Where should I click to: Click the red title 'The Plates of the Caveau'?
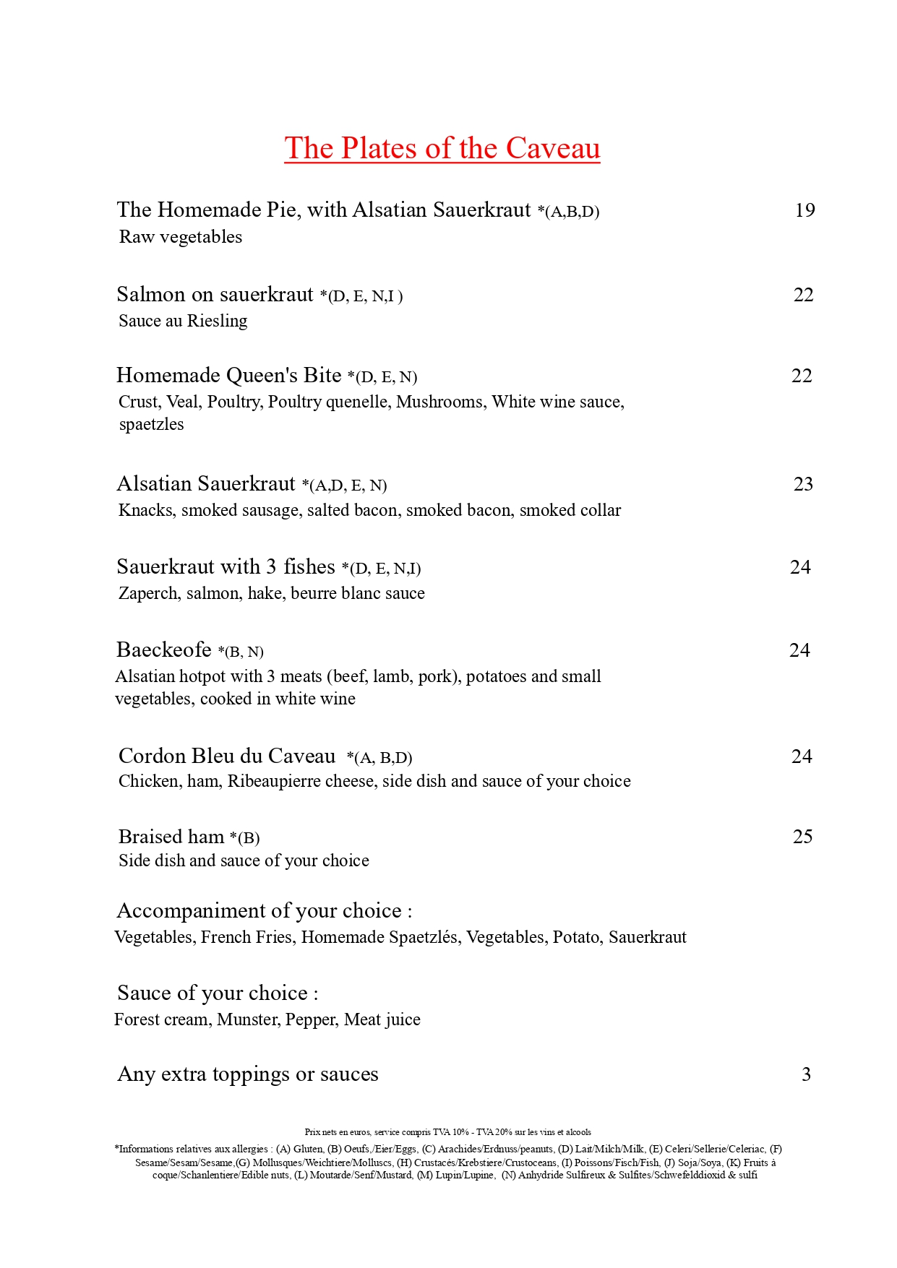(442, 148)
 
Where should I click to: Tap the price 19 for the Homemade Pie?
(804, 210)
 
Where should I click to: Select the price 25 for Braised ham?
(802, 837)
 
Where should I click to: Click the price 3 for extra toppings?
(806, 1074)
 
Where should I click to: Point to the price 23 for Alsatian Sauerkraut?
(803, 484)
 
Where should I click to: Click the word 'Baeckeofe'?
(164, 650)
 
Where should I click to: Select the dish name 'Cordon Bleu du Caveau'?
(227, 756)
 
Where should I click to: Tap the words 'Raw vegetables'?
(181, 237)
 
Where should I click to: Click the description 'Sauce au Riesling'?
(183, 321)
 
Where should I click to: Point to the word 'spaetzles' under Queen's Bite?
(152, 425)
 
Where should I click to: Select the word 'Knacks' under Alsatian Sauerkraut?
(147, 511)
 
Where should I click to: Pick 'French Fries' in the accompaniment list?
(246, 937)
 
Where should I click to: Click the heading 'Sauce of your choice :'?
(218, 993)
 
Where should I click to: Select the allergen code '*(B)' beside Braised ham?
(244, 838)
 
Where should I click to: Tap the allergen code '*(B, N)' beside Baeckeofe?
(241, 652)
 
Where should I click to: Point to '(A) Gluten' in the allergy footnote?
(299, 1149)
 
